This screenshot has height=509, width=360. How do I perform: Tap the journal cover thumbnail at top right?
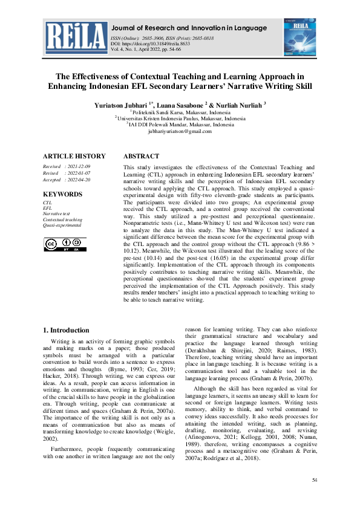(299, 37)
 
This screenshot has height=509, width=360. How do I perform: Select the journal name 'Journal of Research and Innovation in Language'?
(189, 28)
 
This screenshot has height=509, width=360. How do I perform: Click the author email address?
(180, 131)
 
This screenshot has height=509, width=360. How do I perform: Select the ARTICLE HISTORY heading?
(74, 156)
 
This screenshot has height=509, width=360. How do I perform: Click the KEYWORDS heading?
(62, 194)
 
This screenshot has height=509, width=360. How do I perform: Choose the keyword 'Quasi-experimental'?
(62, 225)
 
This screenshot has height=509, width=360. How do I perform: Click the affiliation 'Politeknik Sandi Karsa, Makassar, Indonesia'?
(180, 112)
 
